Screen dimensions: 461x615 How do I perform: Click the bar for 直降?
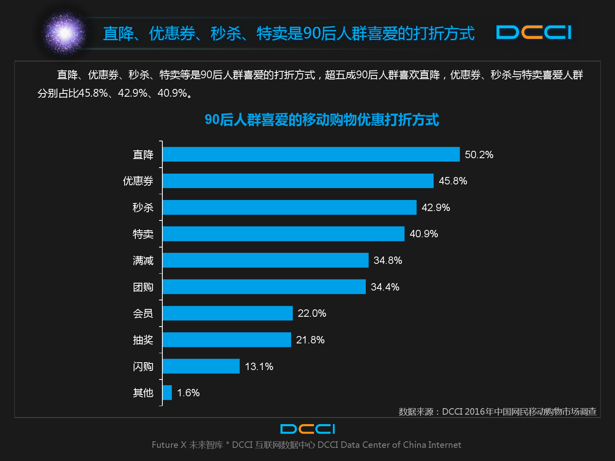coord(311,154)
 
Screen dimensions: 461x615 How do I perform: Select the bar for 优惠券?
coord(298,181)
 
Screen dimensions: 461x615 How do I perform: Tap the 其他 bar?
coord(167,393)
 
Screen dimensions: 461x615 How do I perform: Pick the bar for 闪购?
coord(201,366)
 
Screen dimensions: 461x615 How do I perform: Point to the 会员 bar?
coord(228,313)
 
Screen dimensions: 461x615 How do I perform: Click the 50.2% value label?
coord(479,154)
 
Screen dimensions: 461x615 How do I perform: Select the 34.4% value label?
coord(385,287)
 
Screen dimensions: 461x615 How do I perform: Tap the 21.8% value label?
coord(310,340)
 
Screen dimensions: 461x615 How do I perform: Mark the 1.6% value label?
coord(188,393)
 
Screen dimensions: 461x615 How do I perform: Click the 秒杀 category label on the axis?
coord(143,207)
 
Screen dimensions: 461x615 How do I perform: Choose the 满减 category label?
coord(143,260)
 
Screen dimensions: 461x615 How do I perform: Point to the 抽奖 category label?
coord(143,340)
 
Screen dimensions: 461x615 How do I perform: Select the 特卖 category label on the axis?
coord(143,234)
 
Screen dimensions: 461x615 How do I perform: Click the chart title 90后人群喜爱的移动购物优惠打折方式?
coord(321,120)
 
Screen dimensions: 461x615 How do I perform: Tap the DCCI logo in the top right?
coord(533,32)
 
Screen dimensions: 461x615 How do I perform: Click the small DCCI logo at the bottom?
coord(307,429)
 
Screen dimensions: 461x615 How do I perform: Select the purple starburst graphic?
coord(64,33)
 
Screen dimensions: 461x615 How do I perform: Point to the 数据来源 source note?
coord(497,411)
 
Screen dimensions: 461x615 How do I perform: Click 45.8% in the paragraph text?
coord(93,93)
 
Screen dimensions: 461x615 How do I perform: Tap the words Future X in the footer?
coord(169,445)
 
